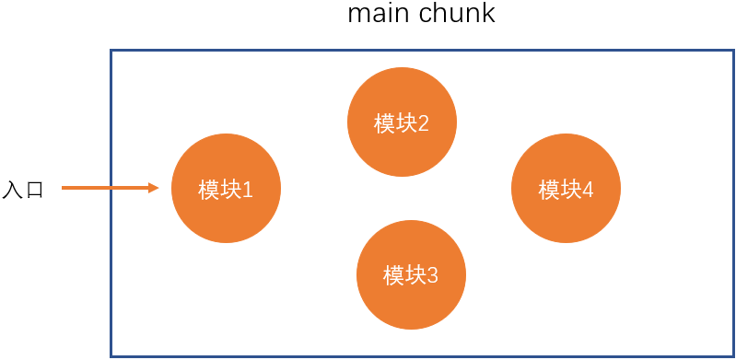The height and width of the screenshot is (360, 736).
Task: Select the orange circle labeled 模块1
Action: pyautogui.click(x=226, y=188)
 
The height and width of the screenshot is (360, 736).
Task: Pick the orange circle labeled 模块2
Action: pyautogui.click(x=402, y=122)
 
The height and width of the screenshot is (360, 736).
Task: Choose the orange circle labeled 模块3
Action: pyautogui.click(x=411, y=274)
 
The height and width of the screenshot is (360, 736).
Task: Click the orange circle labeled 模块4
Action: pyautogui.click(x=566, y=188)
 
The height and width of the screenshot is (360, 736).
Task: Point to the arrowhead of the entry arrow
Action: pyautogui.click(x=158, y=188)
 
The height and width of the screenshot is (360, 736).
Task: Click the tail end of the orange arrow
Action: pyautogui.click(x=62, y=188)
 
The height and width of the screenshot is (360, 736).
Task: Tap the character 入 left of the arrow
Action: pyautogui.click(x=12, y=190)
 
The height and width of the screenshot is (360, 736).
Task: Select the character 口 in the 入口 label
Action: pyautogui.click(x=34, y=191)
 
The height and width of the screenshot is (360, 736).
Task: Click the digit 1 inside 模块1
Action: pyautogui.click(x=248, y=190)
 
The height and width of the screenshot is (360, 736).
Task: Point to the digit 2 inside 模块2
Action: pyautogui.click(x=423, y=124)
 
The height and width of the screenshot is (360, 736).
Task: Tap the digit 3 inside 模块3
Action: pyautogui.click(x=432, y=276)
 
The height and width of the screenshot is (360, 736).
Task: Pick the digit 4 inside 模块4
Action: pyautogui.click(x=587, y=190)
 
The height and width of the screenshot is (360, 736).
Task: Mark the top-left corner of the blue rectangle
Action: pyautogui.click(x=111, y=51)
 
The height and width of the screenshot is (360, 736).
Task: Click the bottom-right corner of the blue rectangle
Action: pyautogui.click(x=733, y=356)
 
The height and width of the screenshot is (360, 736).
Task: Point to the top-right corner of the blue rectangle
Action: pyautogui.click(x=733, y=51)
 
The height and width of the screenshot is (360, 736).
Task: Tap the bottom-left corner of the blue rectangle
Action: pyautogui.click(x=111, y=356)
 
